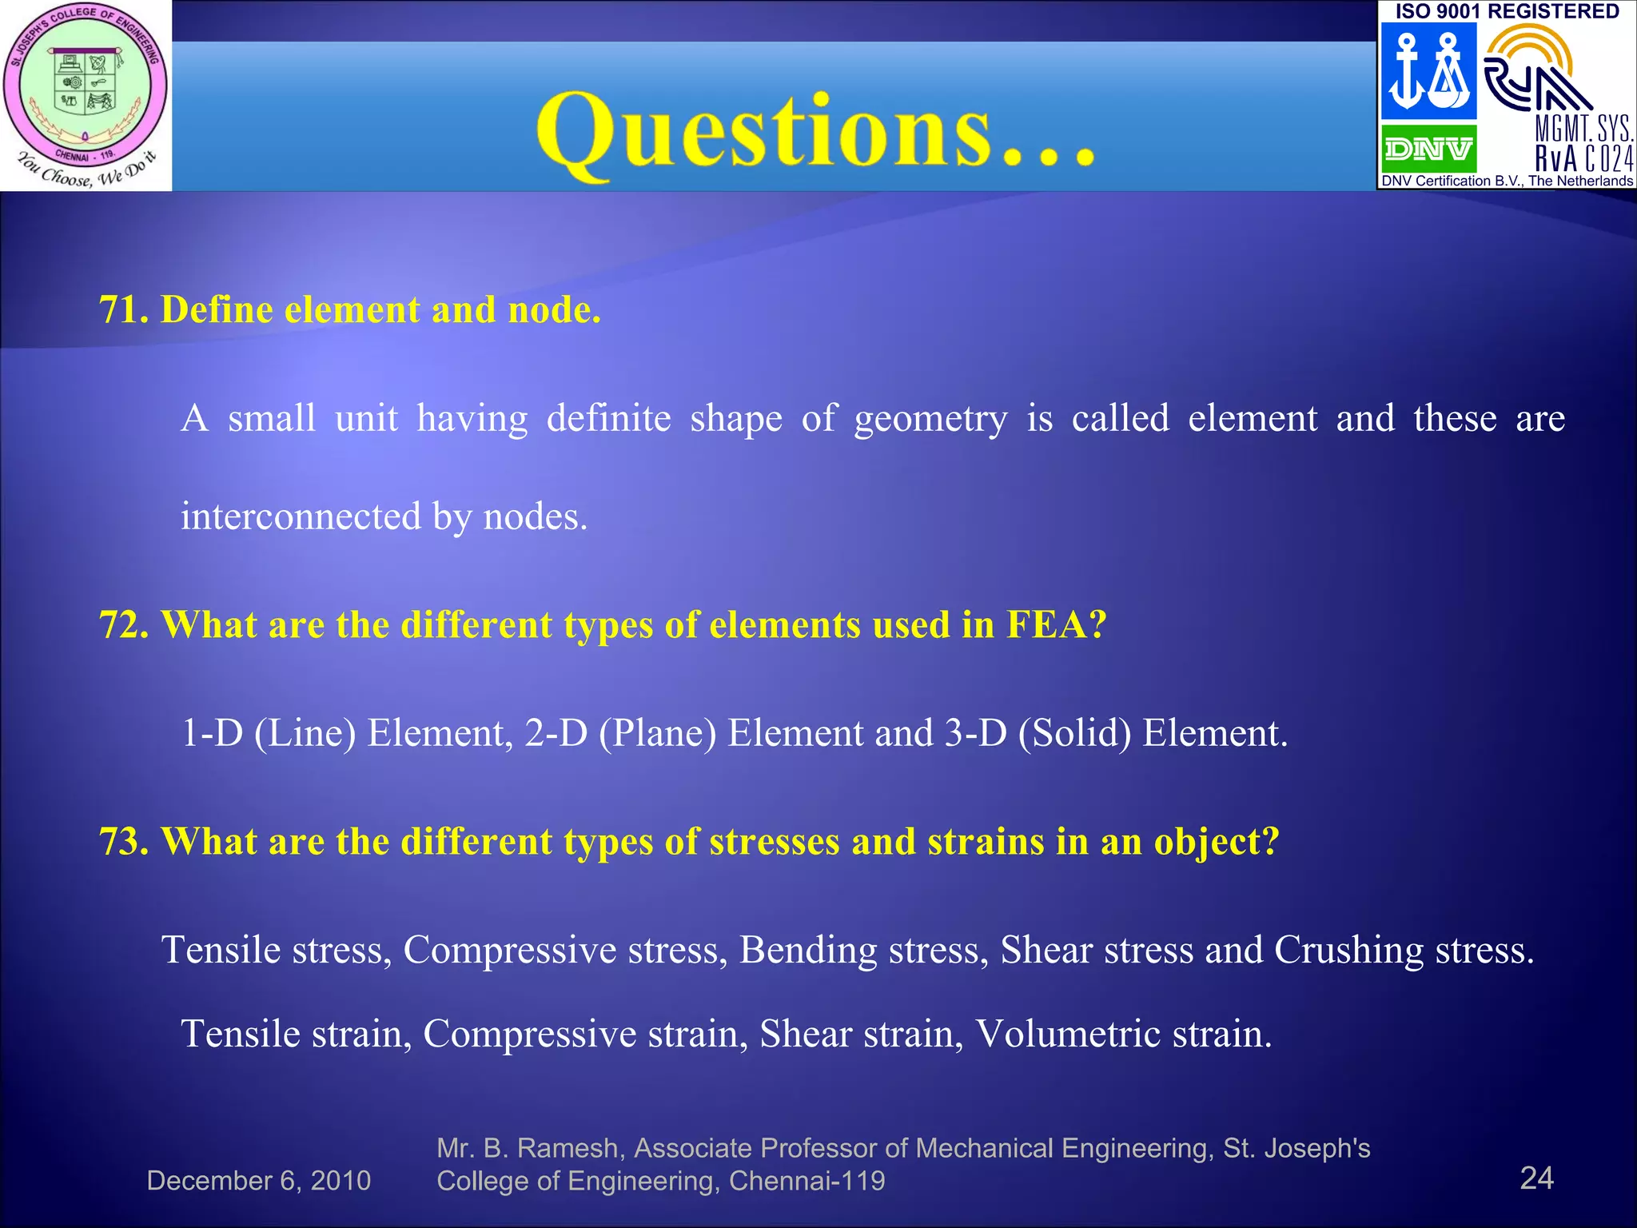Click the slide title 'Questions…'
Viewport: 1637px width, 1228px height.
(x=815, y=132)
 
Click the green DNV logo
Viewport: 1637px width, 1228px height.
(x=1428, y=149)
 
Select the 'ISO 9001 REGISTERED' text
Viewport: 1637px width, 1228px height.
(x=1507, y=11)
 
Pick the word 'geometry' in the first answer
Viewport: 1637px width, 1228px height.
(x=930, y=419)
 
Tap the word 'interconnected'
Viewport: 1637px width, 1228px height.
(x=301, y=516)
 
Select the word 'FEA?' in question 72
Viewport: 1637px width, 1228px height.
(x=1056, y=625)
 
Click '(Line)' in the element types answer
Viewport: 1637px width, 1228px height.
(x=305, y=733)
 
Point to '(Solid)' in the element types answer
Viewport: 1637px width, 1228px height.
(x=1075, y=733)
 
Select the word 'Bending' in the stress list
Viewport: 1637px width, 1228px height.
(x=808, y=951)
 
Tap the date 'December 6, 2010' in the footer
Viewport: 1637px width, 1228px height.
(x=259, y=1181)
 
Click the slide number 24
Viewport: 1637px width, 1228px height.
(x=1536, y=1178)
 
